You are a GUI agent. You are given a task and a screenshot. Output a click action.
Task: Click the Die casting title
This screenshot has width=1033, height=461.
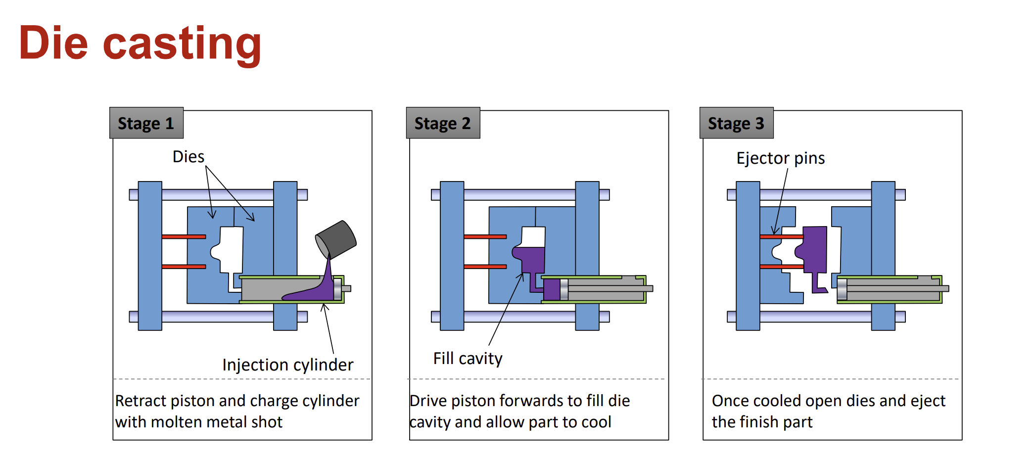[140, 44]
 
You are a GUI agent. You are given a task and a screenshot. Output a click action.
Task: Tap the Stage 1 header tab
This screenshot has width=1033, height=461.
[146, 123]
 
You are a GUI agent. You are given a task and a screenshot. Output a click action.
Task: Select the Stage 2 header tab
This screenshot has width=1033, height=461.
[442, 123]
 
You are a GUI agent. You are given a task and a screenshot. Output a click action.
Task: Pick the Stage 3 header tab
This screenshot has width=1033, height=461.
[736, 123]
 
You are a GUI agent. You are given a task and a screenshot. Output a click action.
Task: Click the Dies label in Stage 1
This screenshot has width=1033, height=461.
[188, 157]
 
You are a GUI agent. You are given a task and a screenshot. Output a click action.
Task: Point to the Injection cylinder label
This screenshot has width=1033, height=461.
[287, 365]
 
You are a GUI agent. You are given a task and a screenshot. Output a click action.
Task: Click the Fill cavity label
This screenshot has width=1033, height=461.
[468, 358]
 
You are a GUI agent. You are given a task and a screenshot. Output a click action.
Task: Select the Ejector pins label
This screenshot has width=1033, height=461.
[780, 158]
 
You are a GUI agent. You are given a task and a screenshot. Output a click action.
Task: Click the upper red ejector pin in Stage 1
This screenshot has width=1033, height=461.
[184, 237]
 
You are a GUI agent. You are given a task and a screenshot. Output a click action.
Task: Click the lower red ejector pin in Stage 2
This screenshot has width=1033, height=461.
[485, 267]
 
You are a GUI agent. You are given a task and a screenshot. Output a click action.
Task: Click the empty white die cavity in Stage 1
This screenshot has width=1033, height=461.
[231, 250]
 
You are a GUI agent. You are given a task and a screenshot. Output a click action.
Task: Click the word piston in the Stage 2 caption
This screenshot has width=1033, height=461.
[473, 401]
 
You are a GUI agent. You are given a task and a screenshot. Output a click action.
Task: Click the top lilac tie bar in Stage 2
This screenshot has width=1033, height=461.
[519, 194]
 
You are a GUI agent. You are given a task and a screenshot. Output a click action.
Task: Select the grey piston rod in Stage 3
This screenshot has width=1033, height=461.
[895, 288]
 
